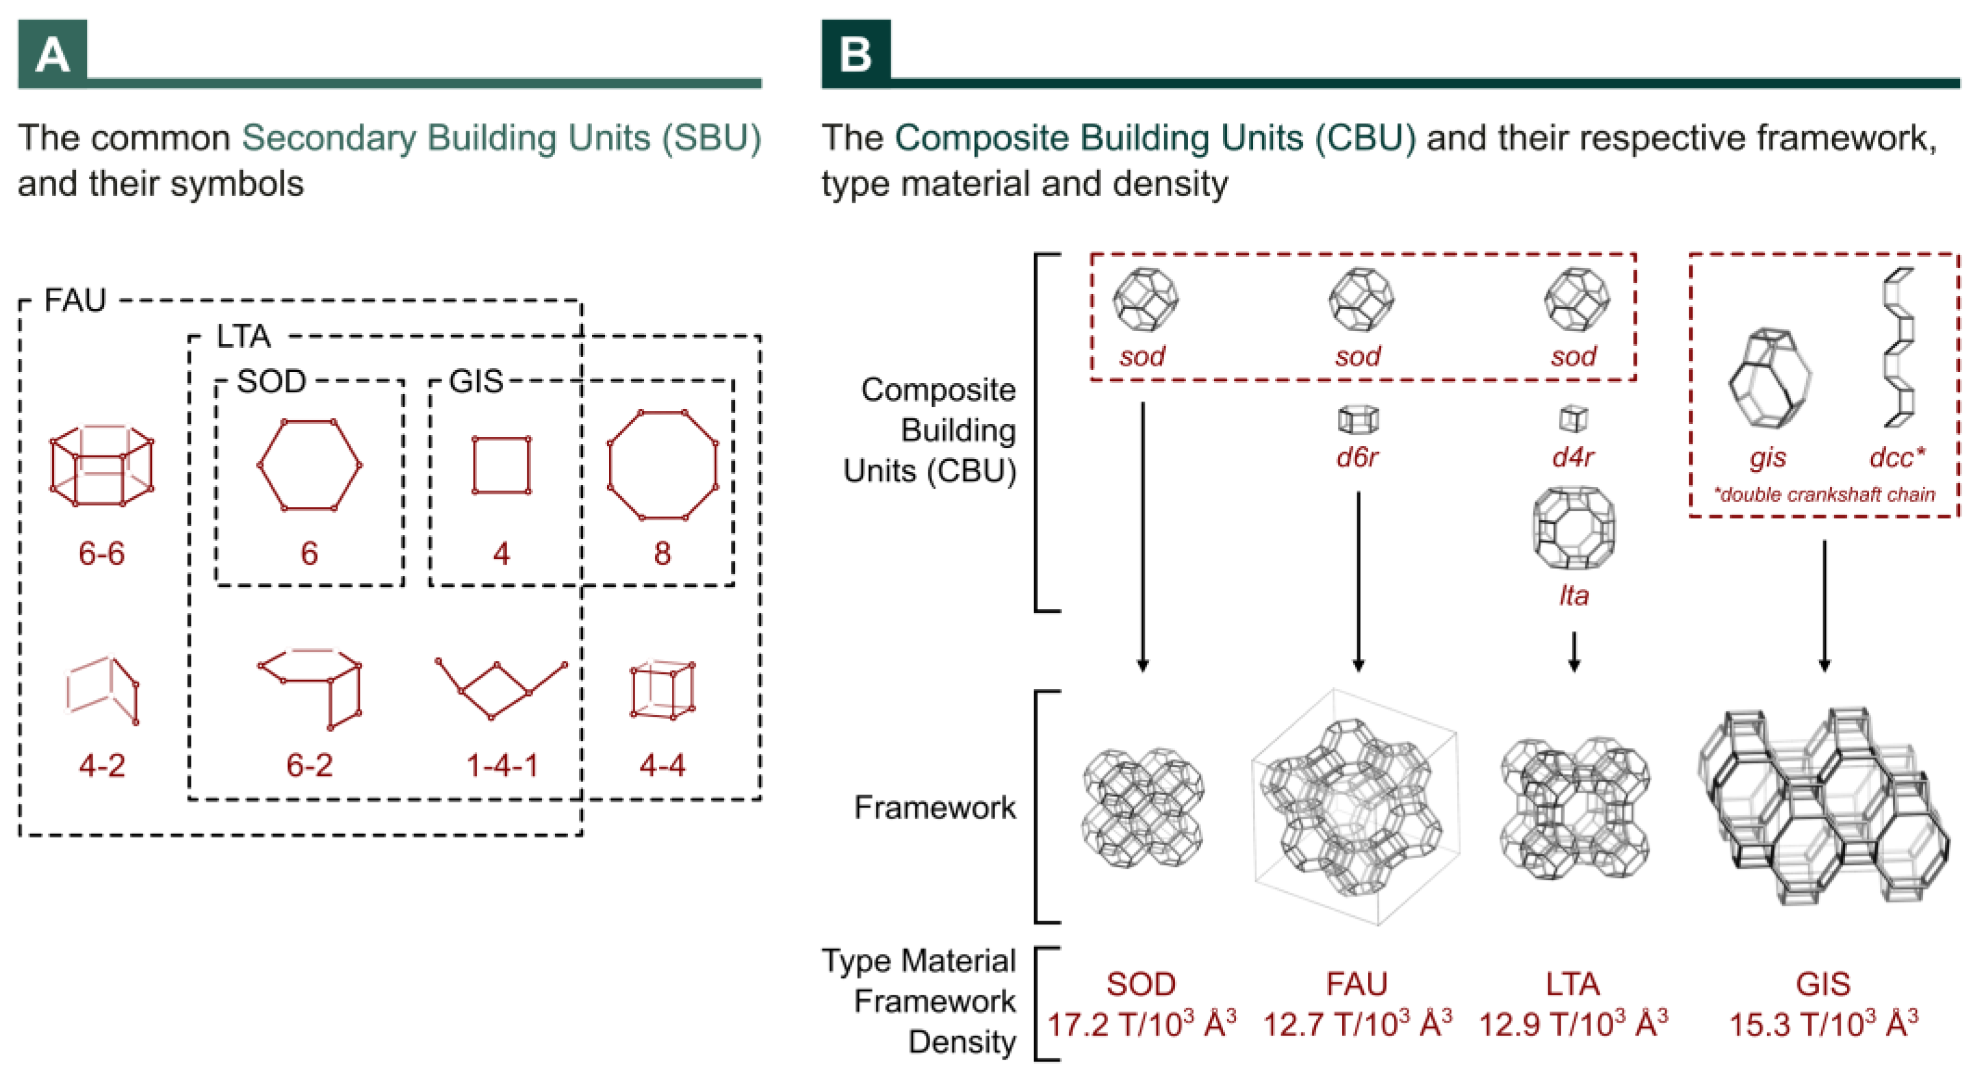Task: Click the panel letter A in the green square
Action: point(52,55)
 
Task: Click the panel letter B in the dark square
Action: point(855,55)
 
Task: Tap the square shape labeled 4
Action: point(501,465)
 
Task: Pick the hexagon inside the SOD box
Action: point(309,465)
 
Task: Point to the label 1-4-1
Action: point(502,765)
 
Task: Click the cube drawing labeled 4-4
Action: point(663,690)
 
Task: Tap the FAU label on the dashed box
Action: point(74,300)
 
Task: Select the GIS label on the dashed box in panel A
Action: point(475,381)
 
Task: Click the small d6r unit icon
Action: point(1358,420)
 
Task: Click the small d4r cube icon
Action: point(1573,419)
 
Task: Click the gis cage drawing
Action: point(1769,378)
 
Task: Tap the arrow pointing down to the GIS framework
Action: point(1824,606)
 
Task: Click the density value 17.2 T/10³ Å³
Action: point(1142,1025)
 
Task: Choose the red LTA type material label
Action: point(1572,984)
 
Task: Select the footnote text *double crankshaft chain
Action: point(1824,495)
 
